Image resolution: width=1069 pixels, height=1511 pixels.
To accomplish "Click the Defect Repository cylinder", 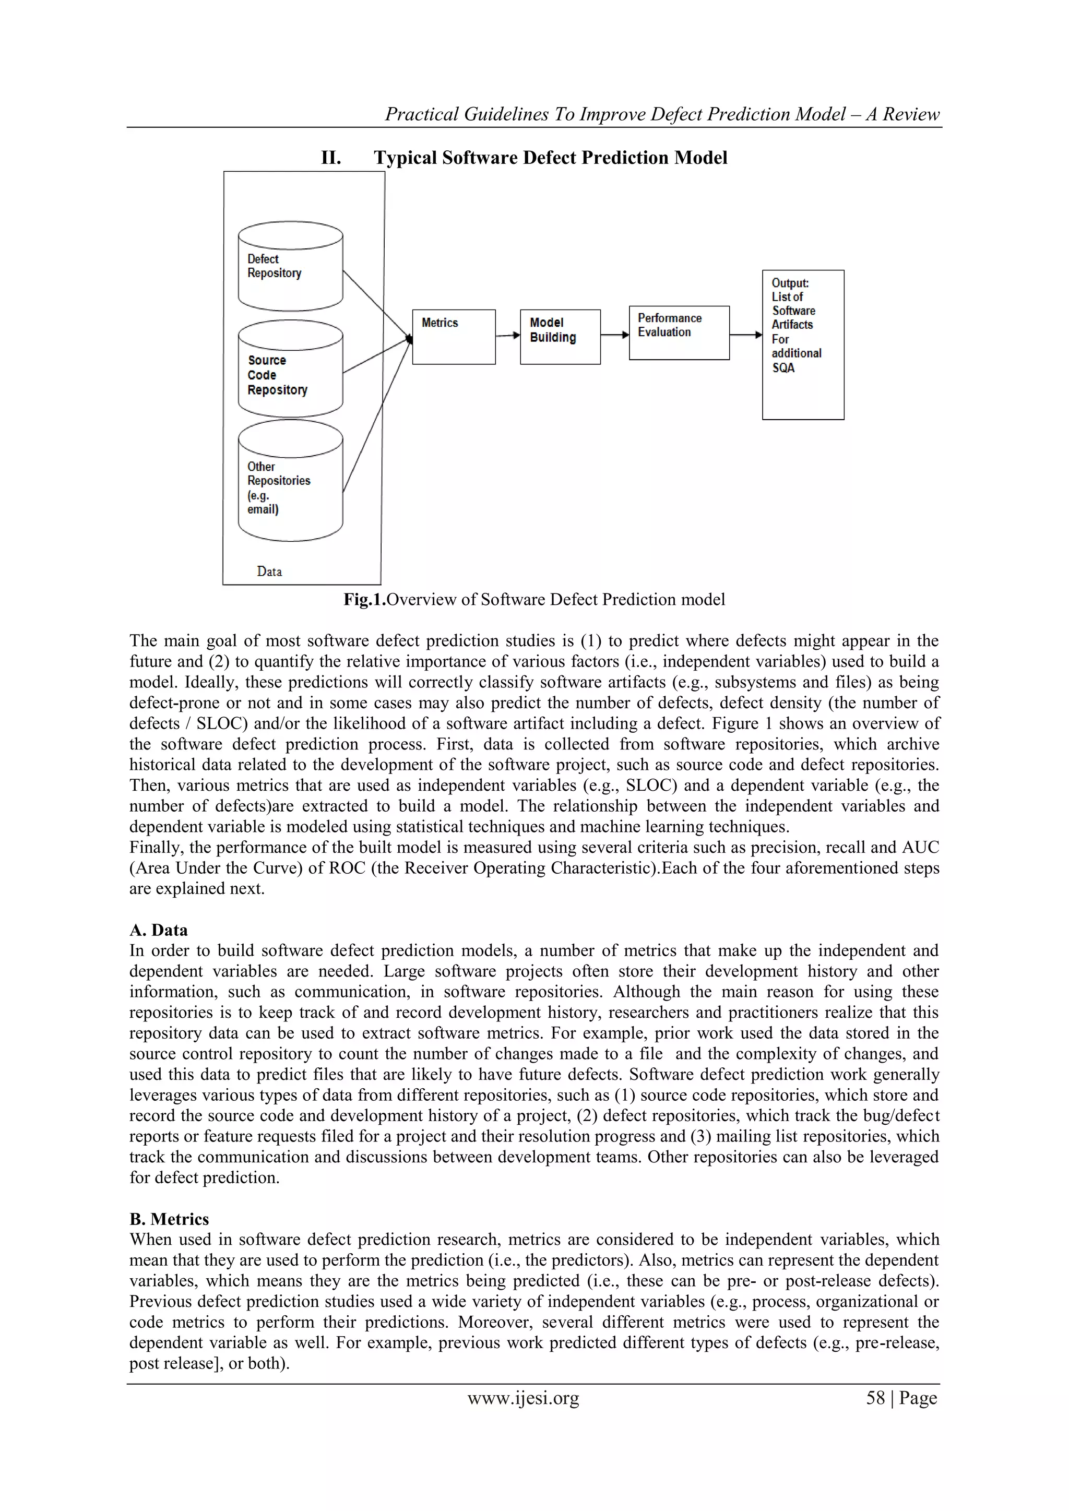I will pos(290,267).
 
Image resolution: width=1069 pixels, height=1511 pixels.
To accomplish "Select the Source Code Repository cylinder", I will pos(290,369).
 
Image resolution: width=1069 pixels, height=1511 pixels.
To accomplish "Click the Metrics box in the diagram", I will pos(454,337).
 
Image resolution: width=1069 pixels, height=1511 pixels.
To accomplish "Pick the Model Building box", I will pos(560,337).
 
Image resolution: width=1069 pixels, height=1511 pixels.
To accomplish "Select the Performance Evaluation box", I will pos(679,333).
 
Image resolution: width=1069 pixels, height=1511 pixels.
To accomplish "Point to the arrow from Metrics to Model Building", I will pos(507,336).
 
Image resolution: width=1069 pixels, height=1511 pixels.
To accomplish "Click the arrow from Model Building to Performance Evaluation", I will pos(615,335).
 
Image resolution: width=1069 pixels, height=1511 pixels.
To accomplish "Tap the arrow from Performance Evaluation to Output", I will pos(746,335).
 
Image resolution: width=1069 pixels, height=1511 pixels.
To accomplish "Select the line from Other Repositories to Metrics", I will pos(376,416).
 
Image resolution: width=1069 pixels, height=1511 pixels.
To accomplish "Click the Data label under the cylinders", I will pos(269,571).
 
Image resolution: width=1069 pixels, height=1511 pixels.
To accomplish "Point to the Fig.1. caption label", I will pos(364,600).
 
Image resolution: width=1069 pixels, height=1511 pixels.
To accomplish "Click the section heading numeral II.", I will pos(330,158).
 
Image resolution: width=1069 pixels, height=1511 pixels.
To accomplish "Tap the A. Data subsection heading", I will pos(159,930).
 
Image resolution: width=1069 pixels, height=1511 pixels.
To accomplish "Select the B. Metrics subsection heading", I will pos(169,1219).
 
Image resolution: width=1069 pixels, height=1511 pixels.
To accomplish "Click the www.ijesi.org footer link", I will pos(524,1398).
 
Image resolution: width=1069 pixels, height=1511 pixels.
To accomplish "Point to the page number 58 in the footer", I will pos(875,1398).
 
